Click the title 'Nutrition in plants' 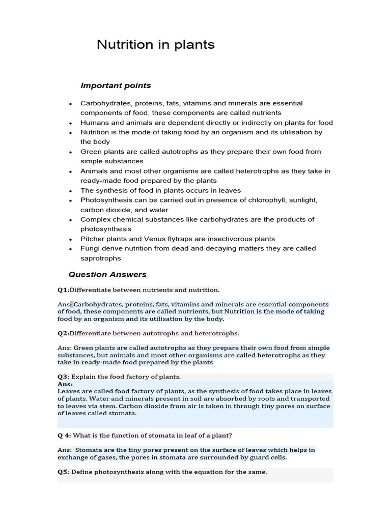[x=155, y=45]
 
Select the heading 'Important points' [x=116, y=85]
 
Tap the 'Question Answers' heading [x=107, y=274]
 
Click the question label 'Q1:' [x=63, y=290]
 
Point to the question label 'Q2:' [x=63, y=333]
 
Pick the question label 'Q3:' [x=63, y=377]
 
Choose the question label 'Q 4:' [x=65, y=436]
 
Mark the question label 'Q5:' [x=63, y=472]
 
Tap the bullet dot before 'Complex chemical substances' [x=70, y=220]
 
